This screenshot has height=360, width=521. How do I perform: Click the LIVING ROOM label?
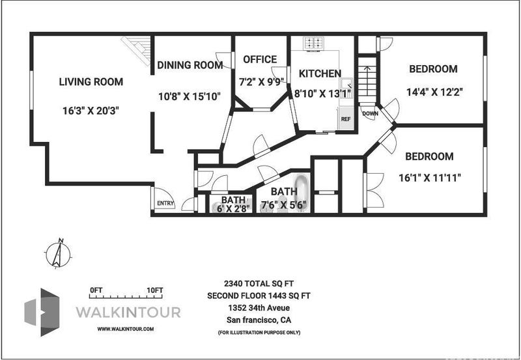91,81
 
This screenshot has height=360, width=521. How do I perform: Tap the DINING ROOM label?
190,65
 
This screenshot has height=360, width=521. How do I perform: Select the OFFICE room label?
260,59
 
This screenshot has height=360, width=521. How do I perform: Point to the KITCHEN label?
320,74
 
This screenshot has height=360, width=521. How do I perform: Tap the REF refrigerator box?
346,118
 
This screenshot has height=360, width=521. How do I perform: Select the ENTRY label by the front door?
165,203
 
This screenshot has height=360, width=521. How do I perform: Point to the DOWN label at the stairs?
370,113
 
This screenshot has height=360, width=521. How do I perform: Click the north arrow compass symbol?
58,255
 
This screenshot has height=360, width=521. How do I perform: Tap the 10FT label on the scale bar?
155,290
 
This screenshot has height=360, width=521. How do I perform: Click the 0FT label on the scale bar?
96,290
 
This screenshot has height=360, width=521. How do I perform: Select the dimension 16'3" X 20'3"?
91,111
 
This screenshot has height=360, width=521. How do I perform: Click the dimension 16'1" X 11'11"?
430,178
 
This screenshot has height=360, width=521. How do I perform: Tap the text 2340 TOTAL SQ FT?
259,283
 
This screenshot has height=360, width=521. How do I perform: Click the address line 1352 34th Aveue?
259,308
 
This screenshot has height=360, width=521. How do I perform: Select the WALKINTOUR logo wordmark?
128,312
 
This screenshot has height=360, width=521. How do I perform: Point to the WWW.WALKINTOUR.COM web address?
126,329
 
